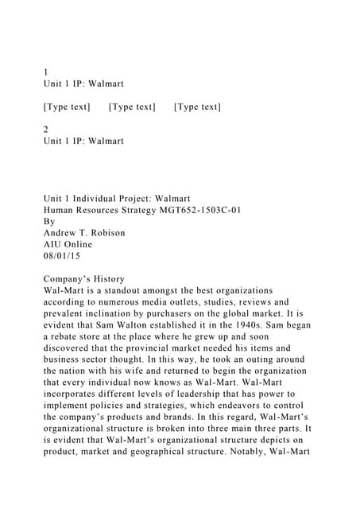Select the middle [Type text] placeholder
click(x=132, y=107)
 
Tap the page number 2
click(x=45, y=129)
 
